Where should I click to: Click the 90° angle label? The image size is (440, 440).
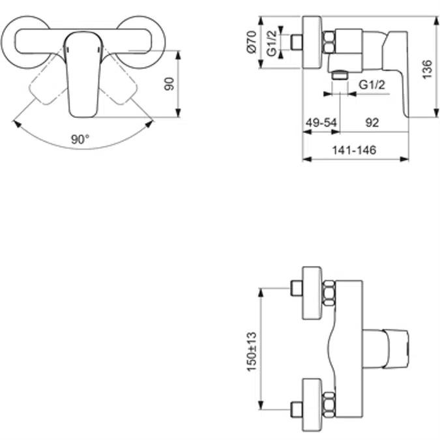pyautogui.click(x=81, y=139)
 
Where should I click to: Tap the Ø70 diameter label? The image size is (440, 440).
pyautogui.click(x=251, y=42)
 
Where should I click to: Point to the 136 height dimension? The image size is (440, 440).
pyautogui.click(x=427, y=68)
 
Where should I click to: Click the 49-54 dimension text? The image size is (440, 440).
pyautogui.click(x=321, y=122)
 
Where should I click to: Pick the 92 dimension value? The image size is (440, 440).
pyautogui.click(x=372, y=122)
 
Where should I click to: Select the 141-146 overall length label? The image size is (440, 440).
pyautogui.click(x=354, y=150)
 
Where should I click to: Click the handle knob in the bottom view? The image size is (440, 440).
pyautogui.click(x=385, y=346)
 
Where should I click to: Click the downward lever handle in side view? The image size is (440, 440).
pyautogui.click(x=399, y=78)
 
